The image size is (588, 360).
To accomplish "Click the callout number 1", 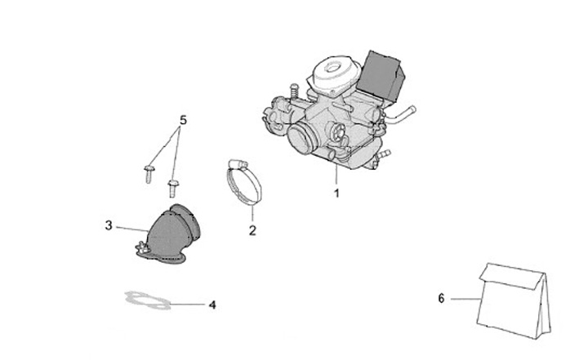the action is pos(335,194).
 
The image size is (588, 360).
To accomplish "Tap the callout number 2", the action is pos(252,231).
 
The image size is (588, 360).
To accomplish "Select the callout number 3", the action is pos(108,225).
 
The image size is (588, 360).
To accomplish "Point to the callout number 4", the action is pos(212,306).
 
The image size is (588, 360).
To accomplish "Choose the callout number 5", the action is pos(183,120).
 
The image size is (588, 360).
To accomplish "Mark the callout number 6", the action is pos(441,299).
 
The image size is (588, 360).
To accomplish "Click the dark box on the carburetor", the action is pos(381,71).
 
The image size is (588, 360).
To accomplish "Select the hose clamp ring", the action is pos(242,180).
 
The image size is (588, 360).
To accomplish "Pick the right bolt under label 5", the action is pos(172,185).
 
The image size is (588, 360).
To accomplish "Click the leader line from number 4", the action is pos(188,305).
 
